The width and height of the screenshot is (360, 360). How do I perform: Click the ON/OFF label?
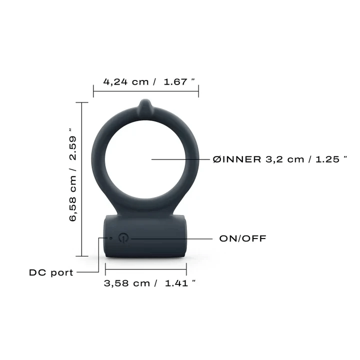(x=242, y=238)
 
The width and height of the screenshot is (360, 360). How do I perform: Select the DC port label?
(x=51, y=272)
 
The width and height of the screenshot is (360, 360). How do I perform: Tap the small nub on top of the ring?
(x=144, y=105)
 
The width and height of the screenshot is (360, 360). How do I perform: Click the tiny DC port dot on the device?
(x=111, y=238)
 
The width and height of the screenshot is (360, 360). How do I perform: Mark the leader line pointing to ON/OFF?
(x=170, y=238)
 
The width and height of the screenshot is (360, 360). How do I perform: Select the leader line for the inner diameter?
(x=180, y=159)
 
